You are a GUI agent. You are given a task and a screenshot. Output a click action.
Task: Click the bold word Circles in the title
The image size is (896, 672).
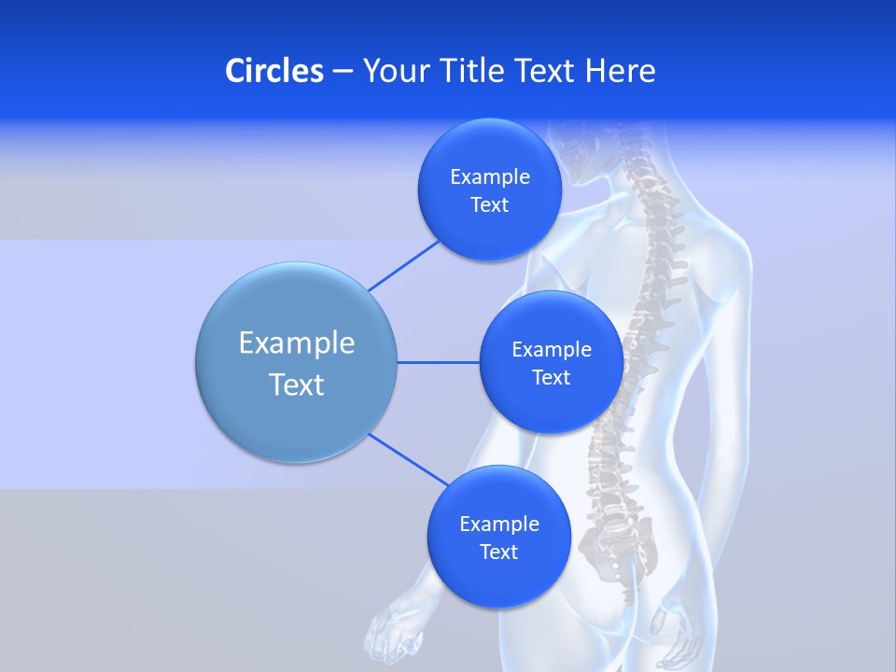[x=273, y=71]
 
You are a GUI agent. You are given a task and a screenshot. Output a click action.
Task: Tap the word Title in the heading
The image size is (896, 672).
[x=471, y=71]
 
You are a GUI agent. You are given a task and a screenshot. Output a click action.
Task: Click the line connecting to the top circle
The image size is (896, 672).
[x=403, y=265]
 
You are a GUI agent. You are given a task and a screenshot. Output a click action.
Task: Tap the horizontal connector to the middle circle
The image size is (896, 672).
[x=439, y=362]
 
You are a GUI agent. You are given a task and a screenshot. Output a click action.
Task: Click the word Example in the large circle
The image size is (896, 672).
[x=296, y=343]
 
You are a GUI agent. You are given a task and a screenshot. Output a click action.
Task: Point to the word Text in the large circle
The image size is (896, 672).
[x=296, y=384]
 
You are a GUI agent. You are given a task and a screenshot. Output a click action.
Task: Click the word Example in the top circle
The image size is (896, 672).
[x=489, y=176]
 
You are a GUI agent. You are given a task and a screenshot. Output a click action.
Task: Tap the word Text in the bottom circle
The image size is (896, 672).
[x=498, y=552]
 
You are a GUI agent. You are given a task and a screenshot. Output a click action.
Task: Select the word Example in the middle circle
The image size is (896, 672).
[x=551, y=349]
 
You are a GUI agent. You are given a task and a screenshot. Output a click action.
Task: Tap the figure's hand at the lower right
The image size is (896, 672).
[x=686, y=644]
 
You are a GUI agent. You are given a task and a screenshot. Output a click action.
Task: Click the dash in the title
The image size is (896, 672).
[x=343, y=72]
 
